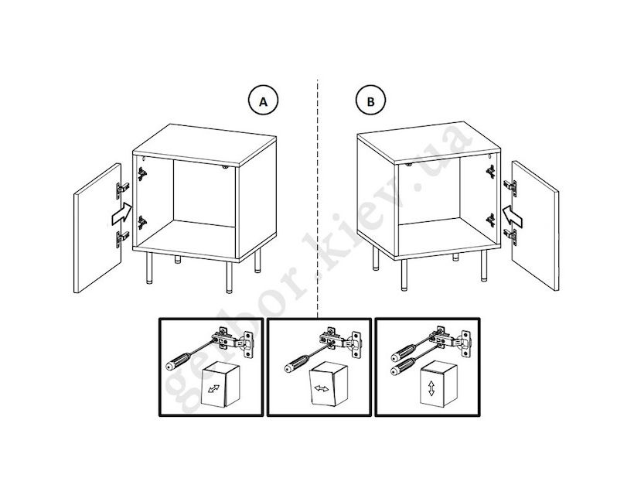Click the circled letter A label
coord(263,101)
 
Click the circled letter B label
coord(371,101)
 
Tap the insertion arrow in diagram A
coord(121,214)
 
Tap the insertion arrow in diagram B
coord(512,216)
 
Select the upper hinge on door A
coord(122,189)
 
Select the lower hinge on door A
coord(122,238)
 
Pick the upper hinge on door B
coord(510,188)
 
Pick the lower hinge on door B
coord(510,237)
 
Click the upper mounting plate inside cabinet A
coord(142,174)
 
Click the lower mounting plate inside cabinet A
coord(142,223)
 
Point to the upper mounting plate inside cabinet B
coord(490,172)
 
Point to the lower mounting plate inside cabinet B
coord(490,220)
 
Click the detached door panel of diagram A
coord(97,228)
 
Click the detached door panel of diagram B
coord(535,226)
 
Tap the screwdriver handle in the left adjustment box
coord(179,360)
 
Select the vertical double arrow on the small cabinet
coord(431,387)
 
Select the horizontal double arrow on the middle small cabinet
coord(322,388)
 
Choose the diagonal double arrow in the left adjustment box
coord(213,388)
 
